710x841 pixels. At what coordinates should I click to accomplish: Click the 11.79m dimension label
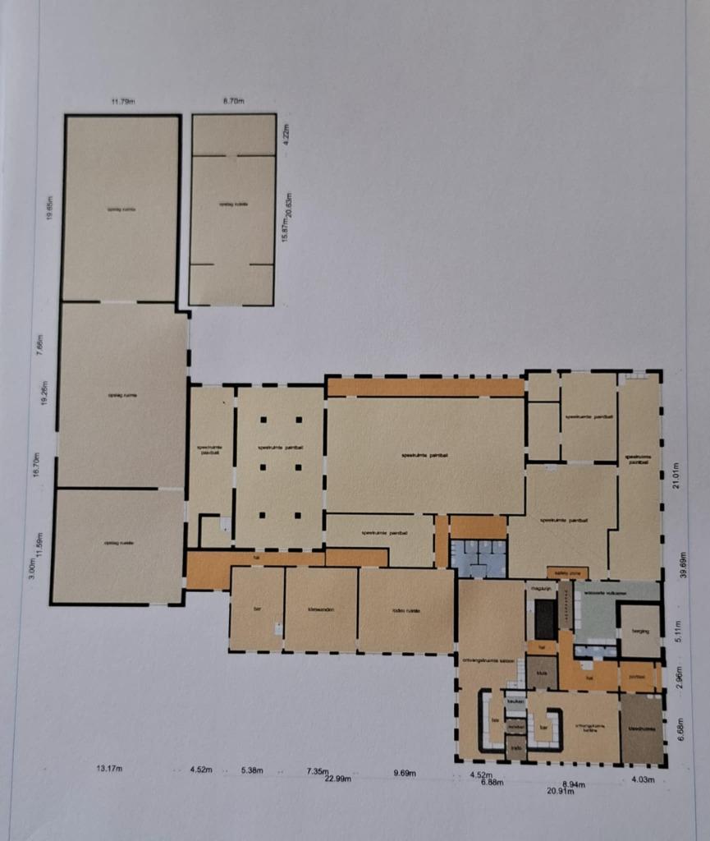coord(122,101)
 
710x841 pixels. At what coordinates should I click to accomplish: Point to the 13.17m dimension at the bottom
coord(109,769)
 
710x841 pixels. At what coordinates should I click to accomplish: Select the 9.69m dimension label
coord(405,773)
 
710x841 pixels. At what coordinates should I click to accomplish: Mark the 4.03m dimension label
coord(643,779)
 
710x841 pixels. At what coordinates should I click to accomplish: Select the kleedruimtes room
coord(641,728)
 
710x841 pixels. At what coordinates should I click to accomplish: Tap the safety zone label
coord(567,572)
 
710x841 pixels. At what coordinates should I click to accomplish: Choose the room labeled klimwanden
coord(320,610)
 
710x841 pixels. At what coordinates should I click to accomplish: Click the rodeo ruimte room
coord(406,610)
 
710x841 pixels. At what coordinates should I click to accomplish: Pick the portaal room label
coord(638,677)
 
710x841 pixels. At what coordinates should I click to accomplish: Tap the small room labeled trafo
coord(516,747)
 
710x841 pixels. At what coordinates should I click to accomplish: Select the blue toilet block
coord(479,558)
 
